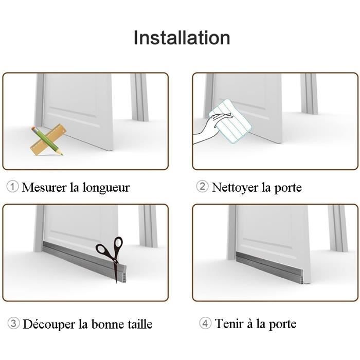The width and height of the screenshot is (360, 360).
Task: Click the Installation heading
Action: pyautogui.click(x=182, y=38)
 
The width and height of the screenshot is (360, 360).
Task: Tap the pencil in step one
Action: pyautogui.click(x=48, y=141)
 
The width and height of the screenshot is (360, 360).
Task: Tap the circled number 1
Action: pyautogui.click(x=12, y=187)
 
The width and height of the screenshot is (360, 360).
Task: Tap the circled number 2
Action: pyautogui.click(x=203, y=187)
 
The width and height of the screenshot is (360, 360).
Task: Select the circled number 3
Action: pyautogui.click(x=14, y=323)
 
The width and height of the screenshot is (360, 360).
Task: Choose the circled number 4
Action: pyautogui.click(x=205, y=323)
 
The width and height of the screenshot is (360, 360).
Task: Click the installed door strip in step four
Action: pyautogui.click(x=273, y=263)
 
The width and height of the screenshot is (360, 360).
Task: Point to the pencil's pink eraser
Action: pyautogui.click(x=34, y=129)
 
